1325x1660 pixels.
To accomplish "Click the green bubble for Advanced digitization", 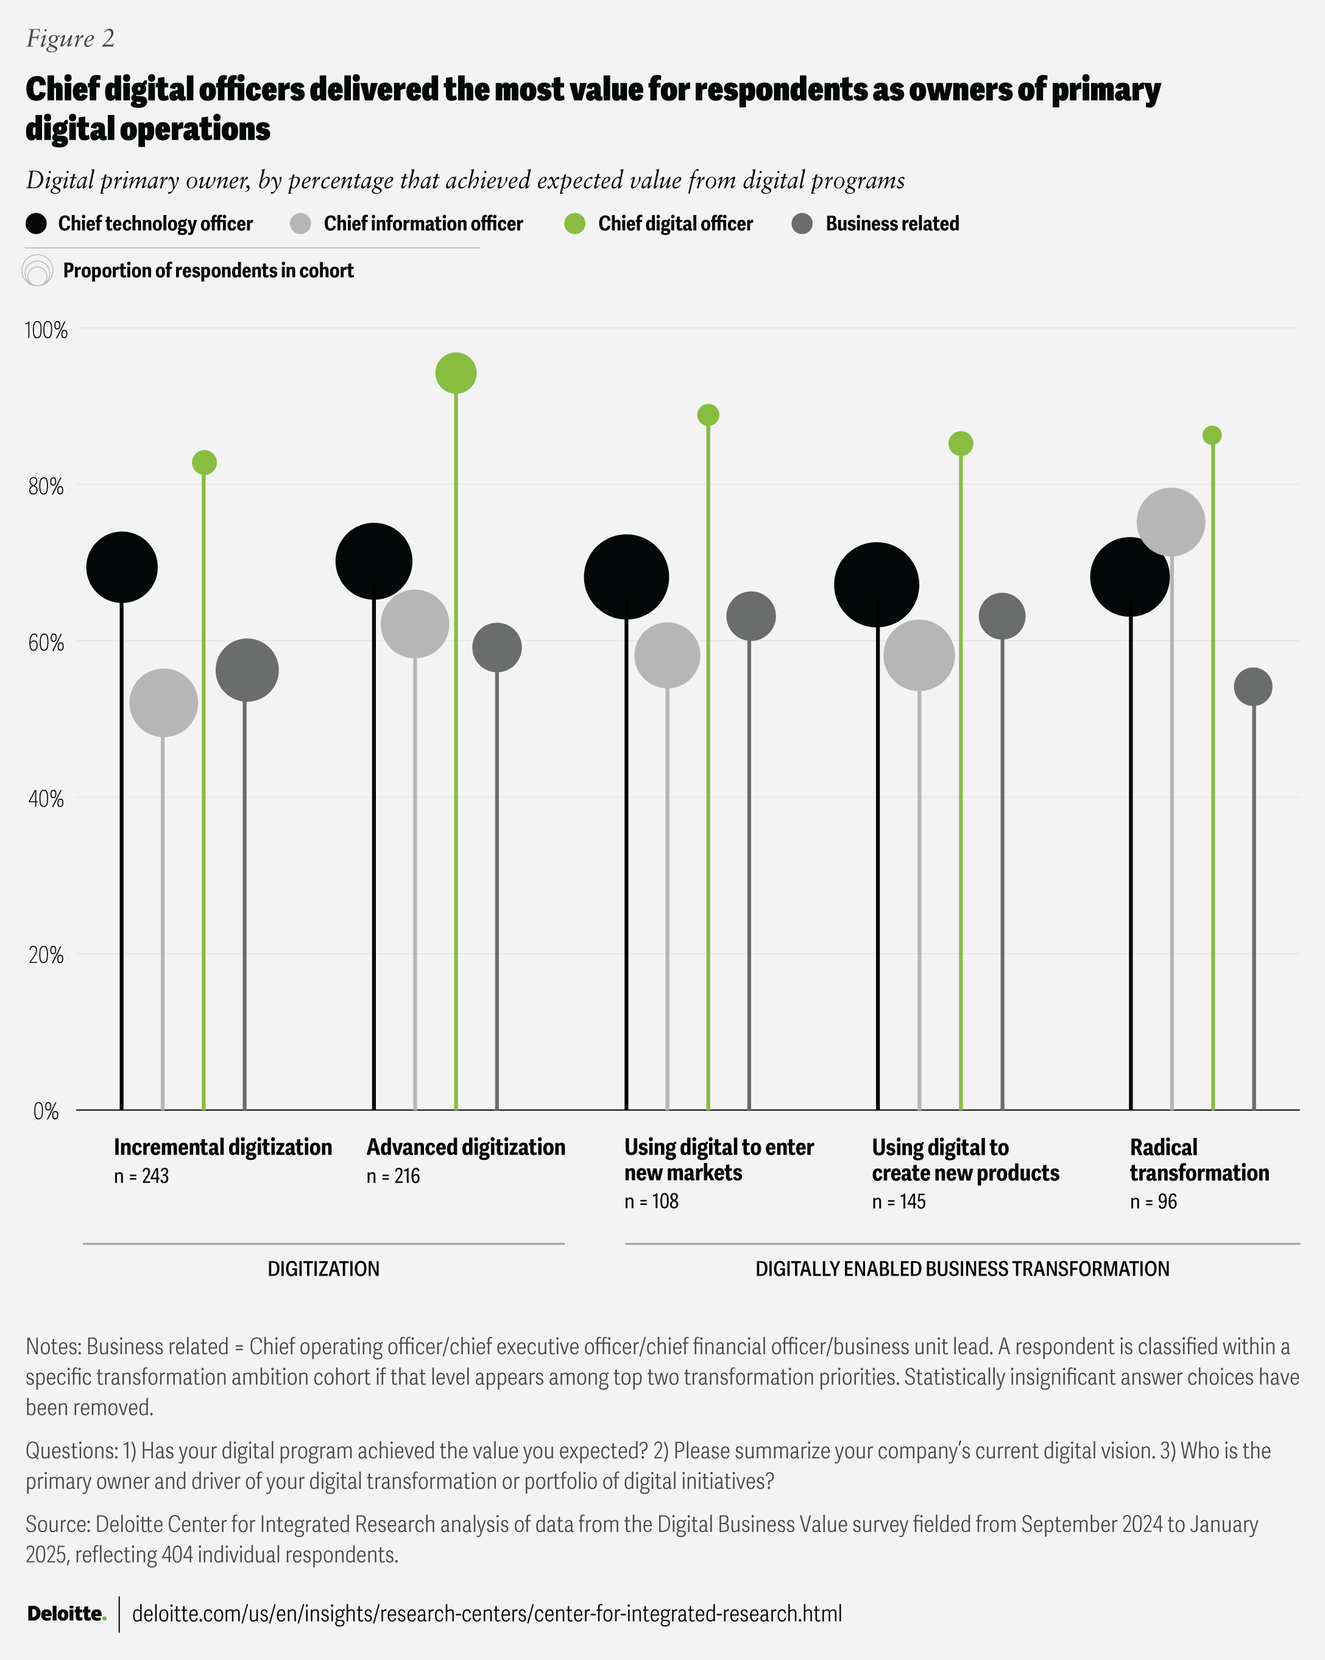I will click(456, 373).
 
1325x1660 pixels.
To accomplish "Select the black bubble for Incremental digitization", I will click(122, 568).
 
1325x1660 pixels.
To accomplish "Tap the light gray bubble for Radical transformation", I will click(1171, 522).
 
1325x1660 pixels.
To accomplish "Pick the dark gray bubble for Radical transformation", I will click(1253, 687).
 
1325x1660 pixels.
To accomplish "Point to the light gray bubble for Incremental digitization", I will click(163, 703).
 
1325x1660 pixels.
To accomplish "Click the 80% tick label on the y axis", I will click(46, 487).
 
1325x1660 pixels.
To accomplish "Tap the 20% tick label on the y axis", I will click(46, 956).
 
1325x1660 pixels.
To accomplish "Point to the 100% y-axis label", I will click(46, 330).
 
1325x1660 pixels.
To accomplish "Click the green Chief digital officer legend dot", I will click(575, 224).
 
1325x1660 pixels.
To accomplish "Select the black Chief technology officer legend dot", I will click(36, 224).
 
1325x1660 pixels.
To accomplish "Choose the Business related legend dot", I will click(802, 224).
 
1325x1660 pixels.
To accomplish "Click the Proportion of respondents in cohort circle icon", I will click(38, 271).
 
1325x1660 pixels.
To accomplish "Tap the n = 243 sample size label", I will click(142, 1176).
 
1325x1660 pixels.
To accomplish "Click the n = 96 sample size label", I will click(1153, 1201).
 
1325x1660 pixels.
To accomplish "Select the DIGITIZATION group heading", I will click(323, 1269).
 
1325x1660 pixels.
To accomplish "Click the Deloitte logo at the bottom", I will click(66, 1614).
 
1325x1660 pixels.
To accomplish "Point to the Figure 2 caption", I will click(71, 38).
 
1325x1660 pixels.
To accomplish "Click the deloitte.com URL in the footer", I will click(487, 1614).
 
